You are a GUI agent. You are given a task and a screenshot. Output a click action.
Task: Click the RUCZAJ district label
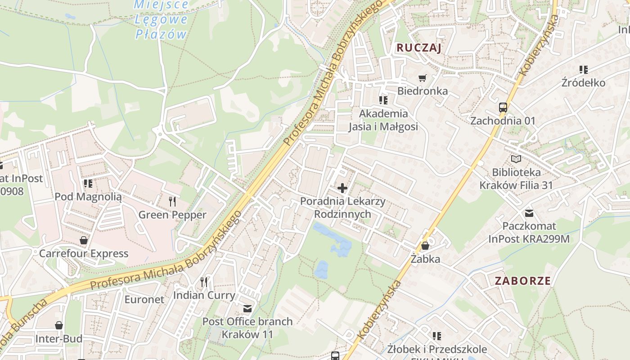419,48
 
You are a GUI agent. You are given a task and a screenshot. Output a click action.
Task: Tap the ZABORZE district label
522,281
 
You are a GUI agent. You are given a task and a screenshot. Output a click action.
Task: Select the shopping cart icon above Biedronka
422,78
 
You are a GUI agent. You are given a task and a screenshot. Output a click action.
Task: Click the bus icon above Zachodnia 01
503,108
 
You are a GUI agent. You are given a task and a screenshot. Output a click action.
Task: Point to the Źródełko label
583,83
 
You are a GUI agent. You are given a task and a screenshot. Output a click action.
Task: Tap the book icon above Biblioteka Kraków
516,159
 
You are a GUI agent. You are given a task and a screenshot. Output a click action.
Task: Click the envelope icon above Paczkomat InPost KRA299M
529,213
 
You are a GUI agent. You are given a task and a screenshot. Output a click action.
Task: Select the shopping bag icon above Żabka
425,246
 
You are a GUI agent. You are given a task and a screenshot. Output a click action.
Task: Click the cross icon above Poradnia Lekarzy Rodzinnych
342,188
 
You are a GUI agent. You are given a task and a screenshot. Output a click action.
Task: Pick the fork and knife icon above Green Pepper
172,201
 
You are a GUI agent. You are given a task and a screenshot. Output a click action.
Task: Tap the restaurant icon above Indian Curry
204,282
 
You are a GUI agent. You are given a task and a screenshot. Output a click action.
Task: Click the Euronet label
144,299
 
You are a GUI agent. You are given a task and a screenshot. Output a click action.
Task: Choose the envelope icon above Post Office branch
247,308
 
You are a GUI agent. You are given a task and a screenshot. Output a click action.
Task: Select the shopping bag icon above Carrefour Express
83,240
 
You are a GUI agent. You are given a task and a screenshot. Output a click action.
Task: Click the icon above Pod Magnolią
88,183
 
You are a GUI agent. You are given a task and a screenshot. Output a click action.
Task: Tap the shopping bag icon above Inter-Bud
58,325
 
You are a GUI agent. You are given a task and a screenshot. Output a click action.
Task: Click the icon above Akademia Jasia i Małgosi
383,100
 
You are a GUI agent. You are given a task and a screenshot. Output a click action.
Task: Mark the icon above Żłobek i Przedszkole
436,336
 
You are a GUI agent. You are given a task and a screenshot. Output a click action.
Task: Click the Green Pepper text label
172,215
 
